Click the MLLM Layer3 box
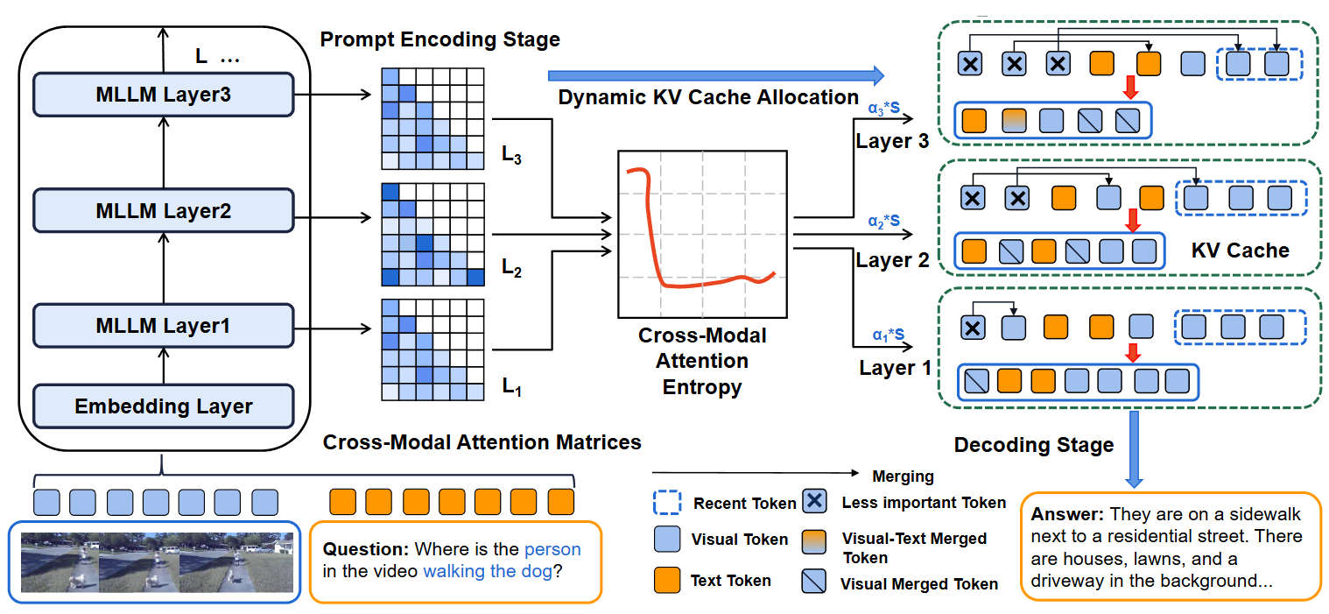[x=163, y=95]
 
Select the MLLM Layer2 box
[x=163, y=211]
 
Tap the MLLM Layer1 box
[x=163, y=326]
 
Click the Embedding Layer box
[x=163, y=406]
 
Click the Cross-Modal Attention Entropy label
[x=702, y=361]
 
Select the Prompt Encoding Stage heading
[x=439, y=39]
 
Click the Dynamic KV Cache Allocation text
[x=708, y=97]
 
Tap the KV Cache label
[x=1240, y=251]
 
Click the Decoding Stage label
[x=1033, y=445]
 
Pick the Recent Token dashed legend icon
[x=668, y=503]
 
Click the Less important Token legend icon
[x=815, y=502]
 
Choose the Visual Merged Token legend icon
[x=815, y=581]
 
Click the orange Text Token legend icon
[x=668, y=579]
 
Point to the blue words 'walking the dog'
[x=487, y=572]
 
